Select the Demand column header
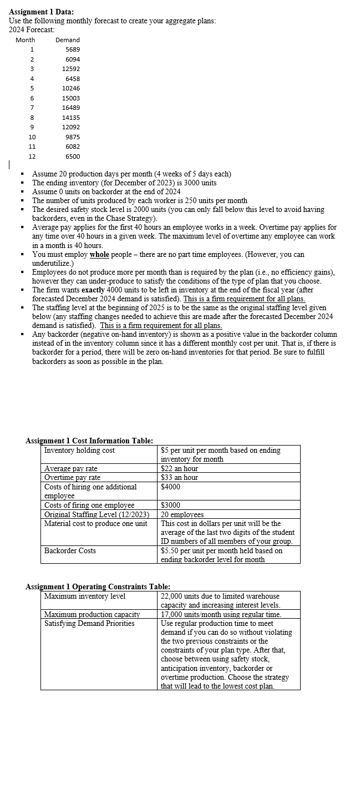tap(68, 40)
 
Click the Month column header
tap(26, 40)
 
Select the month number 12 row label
tap(32, 156)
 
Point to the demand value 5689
tap(73, 49)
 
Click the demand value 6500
tap(73, 156)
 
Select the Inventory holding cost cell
tap(79, 451)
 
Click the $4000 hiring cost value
tap(170, 487)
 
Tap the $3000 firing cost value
tap(170, 505)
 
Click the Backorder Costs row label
tap(70, 550)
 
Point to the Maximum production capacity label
tap(92, 614)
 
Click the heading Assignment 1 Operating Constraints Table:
tap(98, 586)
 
